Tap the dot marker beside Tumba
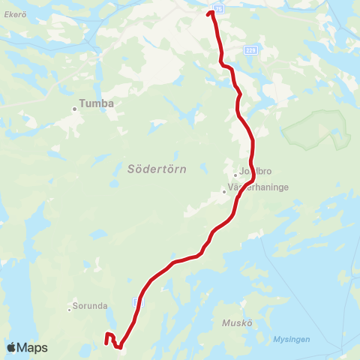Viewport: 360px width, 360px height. coord(75,109)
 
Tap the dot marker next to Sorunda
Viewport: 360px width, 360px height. coord(70,308)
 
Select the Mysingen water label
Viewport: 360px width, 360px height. coord(292,339)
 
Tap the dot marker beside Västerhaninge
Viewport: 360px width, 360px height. coord(223,192)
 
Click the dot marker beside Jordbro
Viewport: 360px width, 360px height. coord(235,175)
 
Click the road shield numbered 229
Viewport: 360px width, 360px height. coord(250,49)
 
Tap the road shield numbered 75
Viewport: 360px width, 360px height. coord(217,8)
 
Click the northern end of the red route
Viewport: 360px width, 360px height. coord(211,13)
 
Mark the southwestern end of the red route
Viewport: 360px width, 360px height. coord(106,344)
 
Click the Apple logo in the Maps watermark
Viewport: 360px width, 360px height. coord(12,347)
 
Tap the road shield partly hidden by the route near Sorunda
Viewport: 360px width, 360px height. coord(136,301)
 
